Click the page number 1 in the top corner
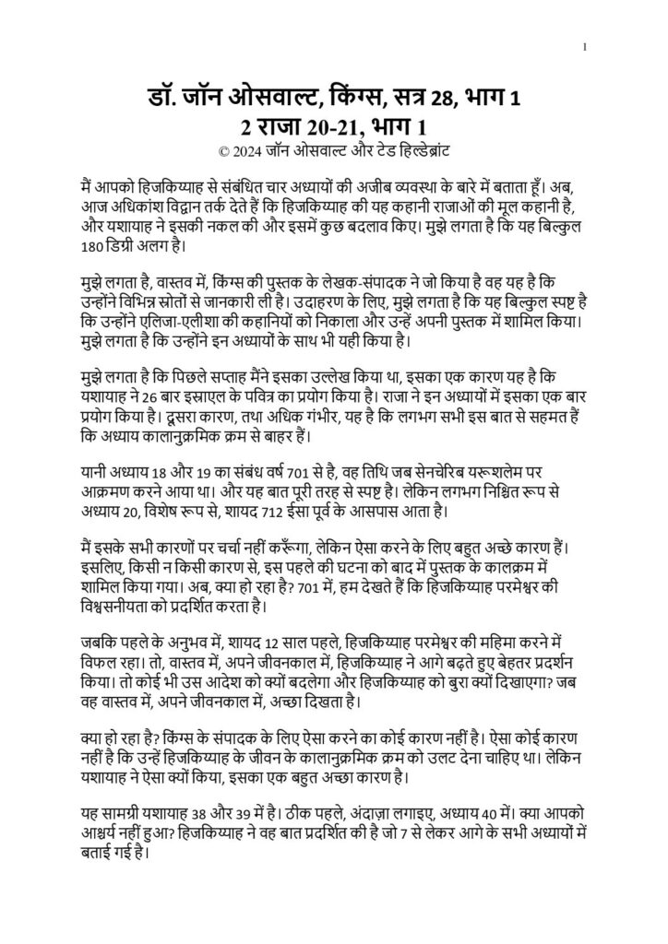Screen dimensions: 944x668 pos(587,47)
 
